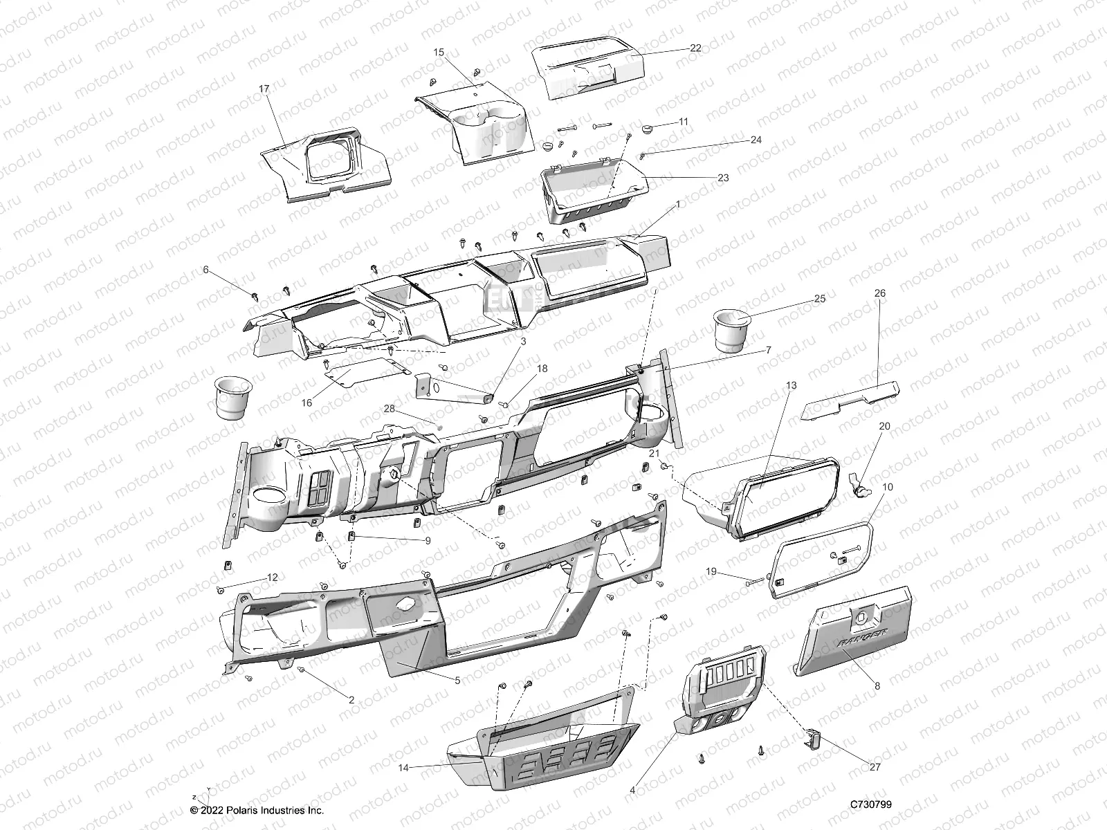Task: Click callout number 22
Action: [695, 48]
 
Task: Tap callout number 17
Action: [264, 89]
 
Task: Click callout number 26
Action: [880, 293]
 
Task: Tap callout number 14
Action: [403, 768]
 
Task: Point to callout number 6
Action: [205, 270]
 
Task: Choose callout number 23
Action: [723, 178]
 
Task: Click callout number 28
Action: [390, 409]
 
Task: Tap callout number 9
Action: [428, 541]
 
